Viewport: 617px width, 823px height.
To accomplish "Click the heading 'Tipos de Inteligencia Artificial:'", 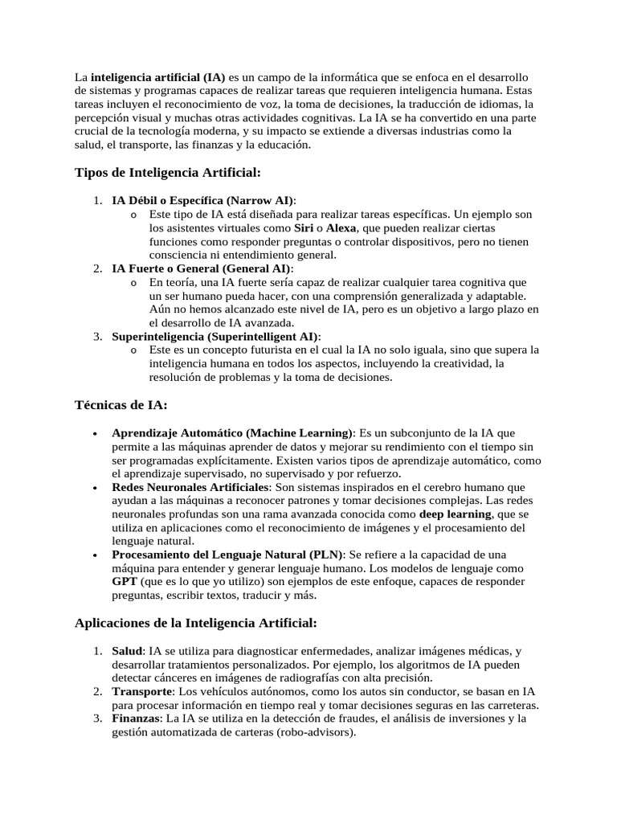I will point(167,173).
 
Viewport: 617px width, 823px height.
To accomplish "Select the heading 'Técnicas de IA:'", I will point(121,406).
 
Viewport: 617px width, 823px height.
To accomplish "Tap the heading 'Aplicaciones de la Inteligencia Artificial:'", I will point(196,622).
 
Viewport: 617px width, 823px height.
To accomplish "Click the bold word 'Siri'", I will point(304,228).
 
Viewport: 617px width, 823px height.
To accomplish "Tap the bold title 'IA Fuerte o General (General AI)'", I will point(202,268).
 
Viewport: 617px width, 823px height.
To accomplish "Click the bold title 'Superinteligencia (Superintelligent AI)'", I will point(215,336).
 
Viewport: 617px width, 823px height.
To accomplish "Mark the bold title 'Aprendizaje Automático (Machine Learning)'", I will point(232,432).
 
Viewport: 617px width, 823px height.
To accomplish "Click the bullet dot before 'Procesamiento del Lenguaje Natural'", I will point(95,555).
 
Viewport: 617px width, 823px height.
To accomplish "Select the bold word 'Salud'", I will point(128,650).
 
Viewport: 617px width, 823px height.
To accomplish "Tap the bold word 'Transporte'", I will point(142,691).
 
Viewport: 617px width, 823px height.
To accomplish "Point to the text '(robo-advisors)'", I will point(314,733).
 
